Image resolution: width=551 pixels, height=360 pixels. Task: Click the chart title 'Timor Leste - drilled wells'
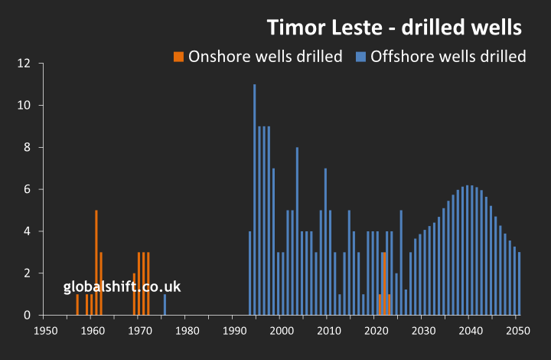tap(394, 28)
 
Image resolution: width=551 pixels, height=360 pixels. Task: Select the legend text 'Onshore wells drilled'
tap(265, 57)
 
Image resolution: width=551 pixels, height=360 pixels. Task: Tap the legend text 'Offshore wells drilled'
tap(448, 57)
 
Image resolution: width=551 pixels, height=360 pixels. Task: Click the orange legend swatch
tap(178, 57)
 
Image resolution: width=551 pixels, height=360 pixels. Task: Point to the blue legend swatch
tap(360, 57)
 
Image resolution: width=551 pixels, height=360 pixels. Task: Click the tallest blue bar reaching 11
tap(255, 199)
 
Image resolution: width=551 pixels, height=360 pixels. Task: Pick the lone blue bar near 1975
tap(165, 305)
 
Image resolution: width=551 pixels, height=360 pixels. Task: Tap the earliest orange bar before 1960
tap(77, 305)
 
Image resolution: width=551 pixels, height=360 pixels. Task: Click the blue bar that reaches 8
tap(297, 231)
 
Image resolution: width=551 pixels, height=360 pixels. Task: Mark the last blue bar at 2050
tap(519, 283)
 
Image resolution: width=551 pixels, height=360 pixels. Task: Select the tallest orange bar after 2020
tap(383, 283)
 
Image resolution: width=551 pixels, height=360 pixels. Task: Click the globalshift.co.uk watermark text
tap(122, 287)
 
